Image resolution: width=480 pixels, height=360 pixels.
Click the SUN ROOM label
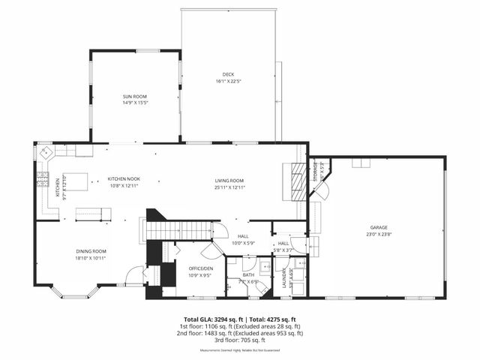(136, 97)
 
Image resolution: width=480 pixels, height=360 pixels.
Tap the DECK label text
(228, 74)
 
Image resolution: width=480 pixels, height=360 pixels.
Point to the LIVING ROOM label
(229, 180)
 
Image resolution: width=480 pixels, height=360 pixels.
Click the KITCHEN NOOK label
(124, 178)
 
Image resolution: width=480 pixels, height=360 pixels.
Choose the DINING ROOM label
(91, 251)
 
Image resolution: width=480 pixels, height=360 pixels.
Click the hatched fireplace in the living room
(298, 182)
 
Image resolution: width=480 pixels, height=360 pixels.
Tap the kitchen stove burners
(43, 179)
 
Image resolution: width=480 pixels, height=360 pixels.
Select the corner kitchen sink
(46, 152)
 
